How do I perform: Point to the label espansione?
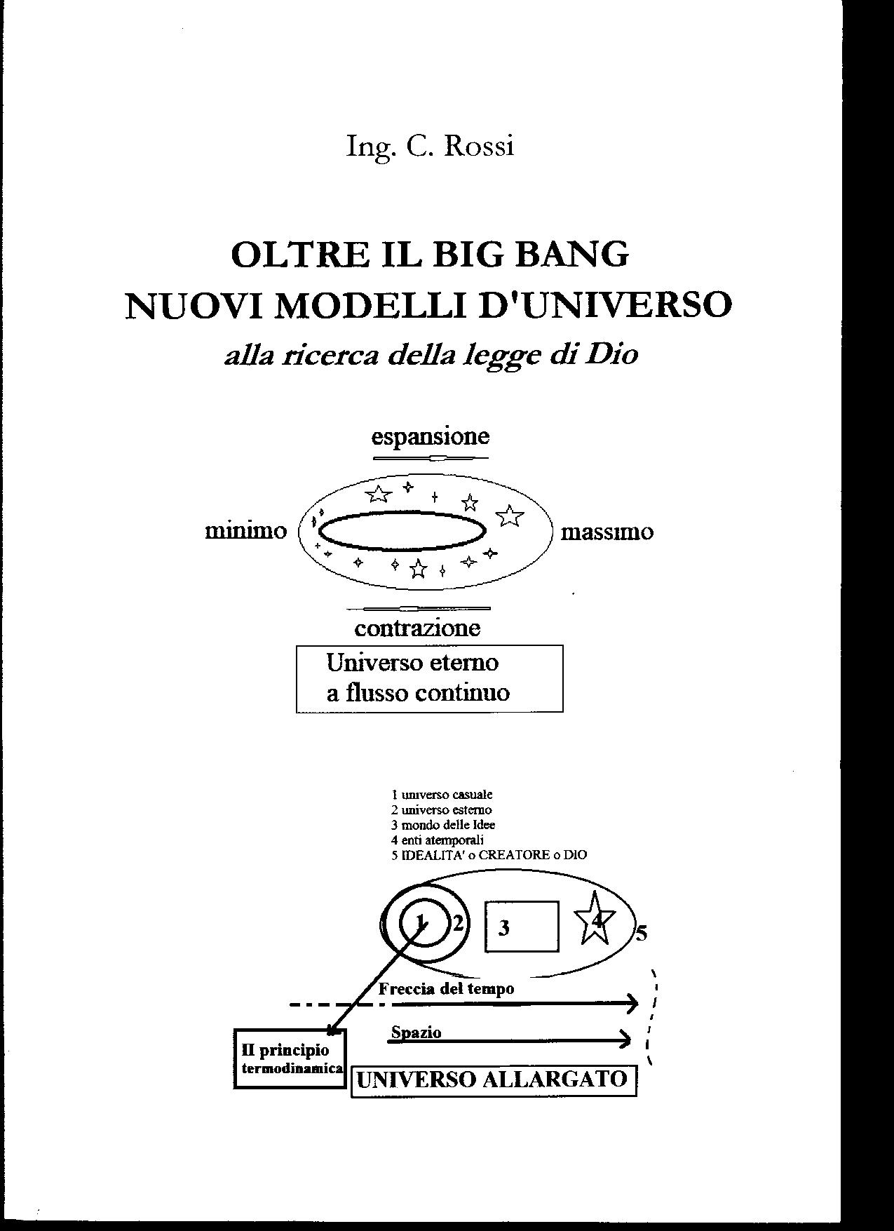430,437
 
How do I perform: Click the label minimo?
246,531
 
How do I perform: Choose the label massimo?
607,532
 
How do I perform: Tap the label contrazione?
417,627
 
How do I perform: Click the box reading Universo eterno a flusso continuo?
429,678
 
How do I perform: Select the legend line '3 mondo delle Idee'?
443,825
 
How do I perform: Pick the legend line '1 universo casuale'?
442,795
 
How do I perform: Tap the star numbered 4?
595,919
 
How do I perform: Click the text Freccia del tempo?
446,988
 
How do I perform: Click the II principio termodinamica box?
290,1058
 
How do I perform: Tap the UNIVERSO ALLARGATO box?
493,1080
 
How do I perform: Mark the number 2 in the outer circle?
458,922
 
